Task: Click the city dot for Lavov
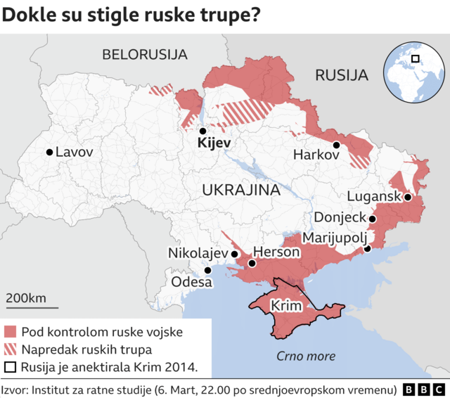coord(49,152)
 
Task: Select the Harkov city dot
coord(337,145)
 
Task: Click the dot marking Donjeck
coord(373,219)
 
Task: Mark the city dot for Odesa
coord(207,270)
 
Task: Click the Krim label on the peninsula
coord(286,307)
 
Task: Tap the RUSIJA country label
coord(342,75)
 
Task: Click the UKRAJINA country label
coord(240,191)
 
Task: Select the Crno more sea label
coord(306,356)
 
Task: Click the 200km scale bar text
coord(26,298)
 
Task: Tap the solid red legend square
coord(10,332)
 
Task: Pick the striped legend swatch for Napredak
coord(10,349)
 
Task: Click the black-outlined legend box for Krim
coord(10,367)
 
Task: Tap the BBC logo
coord(423,390)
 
